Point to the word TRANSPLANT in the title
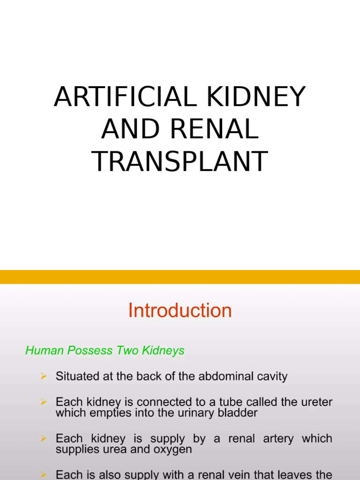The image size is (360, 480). click(x=180, y=161)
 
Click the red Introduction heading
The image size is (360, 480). click(x=180, y=311)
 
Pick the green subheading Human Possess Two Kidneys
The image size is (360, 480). click(x=105, y=351)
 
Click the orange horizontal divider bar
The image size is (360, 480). click(x=180, y=277)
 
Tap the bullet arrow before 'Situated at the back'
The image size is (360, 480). click(x=44, y=376)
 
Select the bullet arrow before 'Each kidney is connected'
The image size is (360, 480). click(x=44, y=402)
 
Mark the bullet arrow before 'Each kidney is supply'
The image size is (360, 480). click(x=44, y=439)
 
